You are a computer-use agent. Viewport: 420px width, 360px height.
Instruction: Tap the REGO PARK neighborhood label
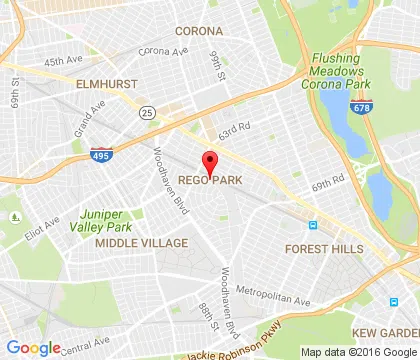tap(210, 180)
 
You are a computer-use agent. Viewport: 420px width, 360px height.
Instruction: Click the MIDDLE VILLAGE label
tap(140, 243)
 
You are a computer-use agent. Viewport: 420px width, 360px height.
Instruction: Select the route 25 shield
tap(147, 111)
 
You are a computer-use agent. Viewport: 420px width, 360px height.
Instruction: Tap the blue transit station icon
tap(312, 225)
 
